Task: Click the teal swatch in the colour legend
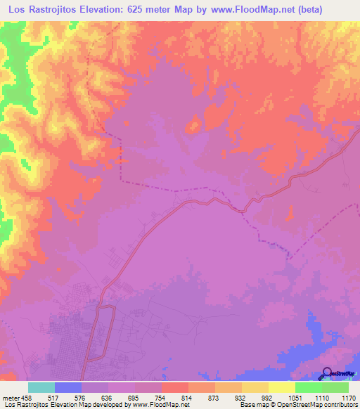tap(41, 387)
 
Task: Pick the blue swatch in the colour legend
tap(68, 387)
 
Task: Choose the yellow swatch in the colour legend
tap(282, 387)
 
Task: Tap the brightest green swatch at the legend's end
tap(335, 387)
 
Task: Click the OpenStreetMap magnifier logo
tap(326, 374)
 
